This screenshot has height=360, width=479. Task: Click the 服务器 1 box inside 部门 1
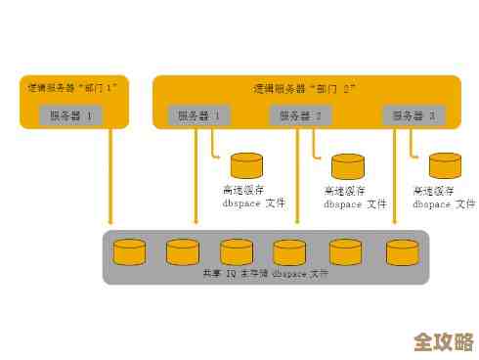click(71, 115)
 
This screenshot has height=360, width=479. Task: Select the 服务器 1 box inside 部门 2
click(198, 115)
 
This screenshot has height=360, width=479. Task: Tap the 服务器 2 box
click(300, 115)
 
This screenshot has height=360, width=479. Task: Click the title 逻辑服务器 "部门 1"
click(71, 88)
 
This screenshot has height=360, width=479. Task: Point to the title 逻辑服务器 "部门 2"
click(305, 88)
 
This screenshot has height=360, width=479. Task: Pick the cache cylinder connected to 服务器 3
click(445, 165)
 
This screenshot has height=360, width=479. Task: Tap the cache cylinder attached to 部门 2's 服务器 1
click(246, 164)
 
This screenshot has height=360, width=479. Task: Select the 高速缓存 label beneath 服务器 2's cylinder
click(344, 190)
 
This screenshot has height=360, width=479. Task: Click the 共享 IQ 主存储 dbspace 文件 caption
click(266, 273)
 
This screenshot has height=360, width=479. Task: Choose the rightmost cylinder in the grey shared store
click(401, 252)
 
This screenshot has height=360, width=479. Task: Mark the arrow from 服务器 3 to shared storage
click(394, 181)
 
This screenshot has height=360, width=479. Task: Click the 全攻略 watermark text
click(443, 341)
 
